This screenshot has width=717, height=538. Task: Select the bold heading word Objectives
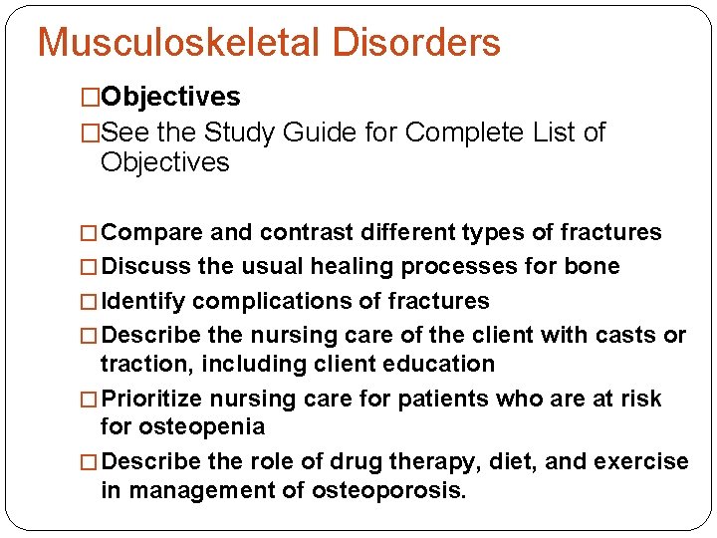[x=170, y=97]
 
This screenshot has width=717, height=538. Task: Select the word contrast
[x=306, y=233]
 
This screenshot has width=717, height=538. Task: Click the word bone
[x=594, y=266]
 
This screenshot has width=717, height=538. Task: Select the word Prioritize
[x=150, y=399]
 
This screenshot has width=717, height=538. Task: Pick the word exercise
[x=641, y=461]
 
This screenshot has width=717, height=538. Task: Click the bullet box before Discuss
[x=91, y=267]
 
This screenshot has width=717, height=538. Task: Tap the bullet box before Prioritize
[x=91, y=400]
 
